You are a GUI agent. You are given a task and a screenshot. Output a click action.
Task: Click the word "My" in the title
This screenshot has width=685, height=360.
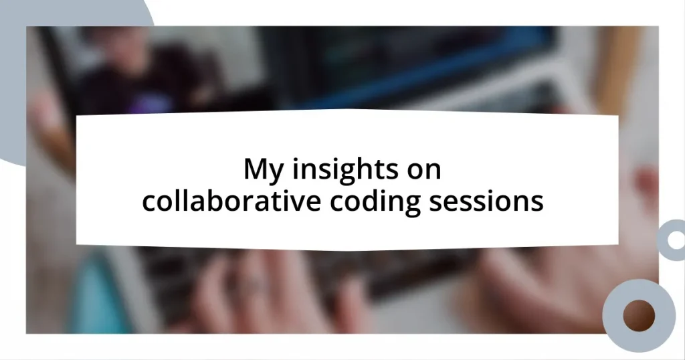click(260, 170)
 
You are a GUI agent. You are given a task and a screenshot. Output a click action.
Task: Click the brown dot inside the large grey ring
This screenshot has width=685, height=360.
click(638, 315)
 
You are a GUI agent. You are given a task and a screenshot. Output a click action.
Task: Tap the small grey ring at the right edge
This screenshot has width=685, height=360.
click(672, 240)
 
